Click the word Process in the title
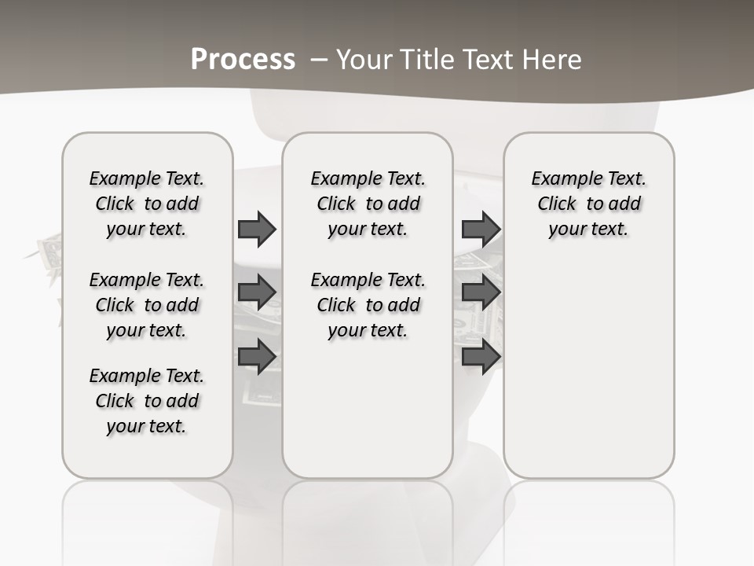[243, 60]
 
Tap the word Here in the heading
[554, 60]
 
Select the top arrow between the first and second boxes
[257, 229]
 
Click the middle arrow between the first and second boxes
[257, 292]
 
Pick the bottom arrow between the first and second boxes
[257, 357]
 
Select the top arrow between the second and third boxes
[481, 229]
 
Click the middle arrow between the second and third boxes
[481, 292]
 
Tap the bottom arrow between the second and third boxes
[481, 357]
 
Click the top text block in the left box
[147, 204]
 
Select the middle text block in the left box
[147, 305]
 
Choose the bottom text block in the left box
[147, 401]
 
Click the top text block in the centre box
[368, 204]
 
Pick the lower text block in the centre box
[368, 305]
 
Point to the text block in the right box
[588, 204]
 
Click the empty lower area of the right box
[588, 369]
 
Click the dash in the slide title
[320, 60]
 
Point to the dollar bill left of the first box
[49, 253]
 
